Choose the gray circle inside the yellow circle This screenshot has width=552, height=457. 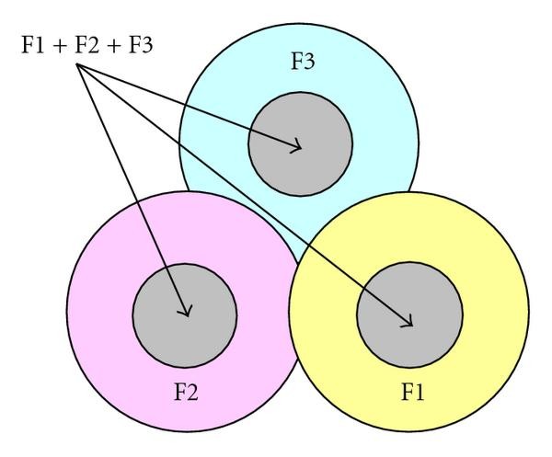pos(386,294)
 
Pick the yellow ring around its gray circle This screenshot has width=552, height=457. pos(488,313)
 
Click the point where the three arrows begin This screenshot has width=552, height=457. pos(78,64)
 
